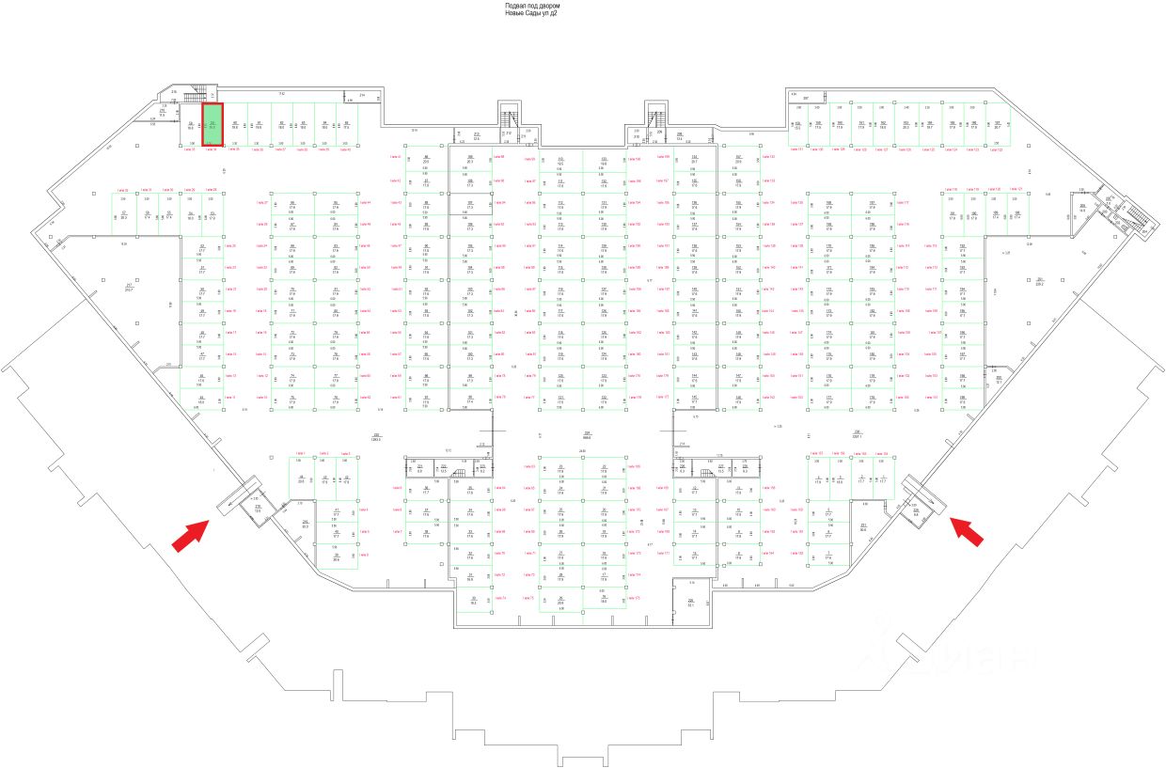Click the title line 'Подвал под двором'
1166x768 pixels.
point(532,6)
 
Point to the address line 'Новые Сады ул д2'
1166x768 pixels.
point(531,14)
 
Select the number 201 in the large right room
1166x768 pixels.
point(1041,280)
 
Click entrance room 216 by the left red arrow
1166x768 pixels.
point(258,508)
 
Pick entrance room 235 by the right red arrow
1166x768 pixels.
point(916,512)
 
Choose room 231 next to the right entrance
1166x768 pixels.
point(863,526)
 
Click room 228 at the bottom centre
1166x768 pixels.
point(690,603)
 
